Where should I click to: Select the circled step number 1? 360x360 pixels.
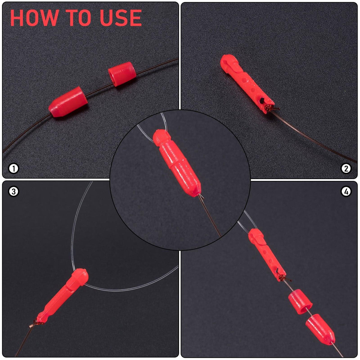pos(13,169)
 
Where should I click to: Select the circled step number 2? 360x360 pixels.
pos(346,169)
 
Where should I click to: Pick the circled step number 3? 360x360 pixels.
pos(13,191)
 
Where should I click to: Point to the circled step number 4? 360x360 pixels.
pos(346,191)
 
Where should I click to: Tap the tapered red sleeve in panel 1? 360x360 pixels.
pos(68,102)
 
